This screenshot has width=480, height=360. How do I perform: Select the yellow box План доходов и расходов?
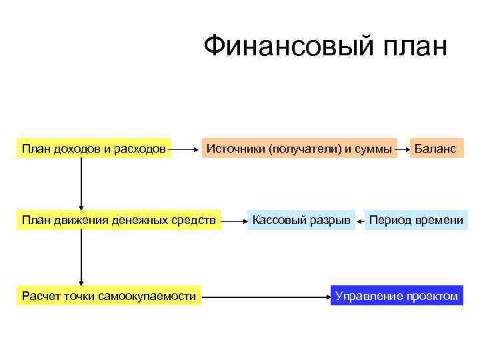tap(94, 149)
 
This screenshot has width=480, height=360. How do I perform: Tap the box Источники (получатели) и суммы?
tap(299, 149)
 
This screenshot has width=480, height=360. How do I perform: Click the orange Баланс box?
tap(435, 149)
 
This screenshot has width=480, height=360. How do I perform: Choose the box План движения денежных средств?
tap(119, 220)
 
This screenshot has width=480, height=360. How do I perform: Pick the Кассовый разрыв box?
tap(300, 220)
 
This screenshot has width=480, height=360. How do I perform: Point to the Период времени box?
tap(416, 220)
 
